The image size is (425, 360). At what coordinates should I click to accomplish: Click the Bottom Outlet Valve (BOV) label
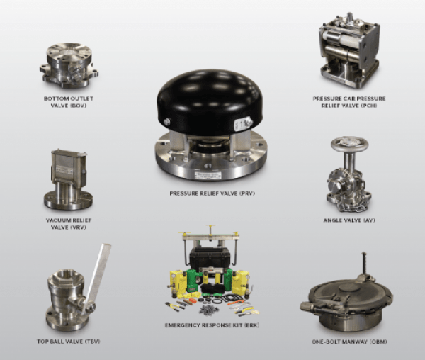[x=69, y=102]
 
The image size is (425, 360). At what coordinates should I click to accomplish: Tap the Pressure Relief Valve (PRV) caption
[x=212, y=193]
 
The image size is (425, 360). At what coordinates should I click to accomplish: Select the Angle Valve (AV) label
[x=349, y=220]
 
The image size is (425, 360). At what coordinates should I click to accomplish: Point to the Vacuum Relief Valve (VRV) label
[x=69, y=224]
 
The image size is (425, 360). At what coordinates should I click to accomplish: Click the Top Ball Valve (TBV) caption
[x=69, y=342]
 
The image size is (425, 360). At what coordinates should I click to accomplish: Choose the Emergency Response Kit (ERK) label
[x=212, y=325]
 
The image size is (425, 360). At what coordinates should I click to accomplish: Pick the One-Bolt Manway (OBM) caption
[x=349, y=342]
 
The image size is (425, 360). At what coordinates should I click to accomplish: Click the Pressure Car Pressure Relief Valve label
[x=349, y=102]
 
